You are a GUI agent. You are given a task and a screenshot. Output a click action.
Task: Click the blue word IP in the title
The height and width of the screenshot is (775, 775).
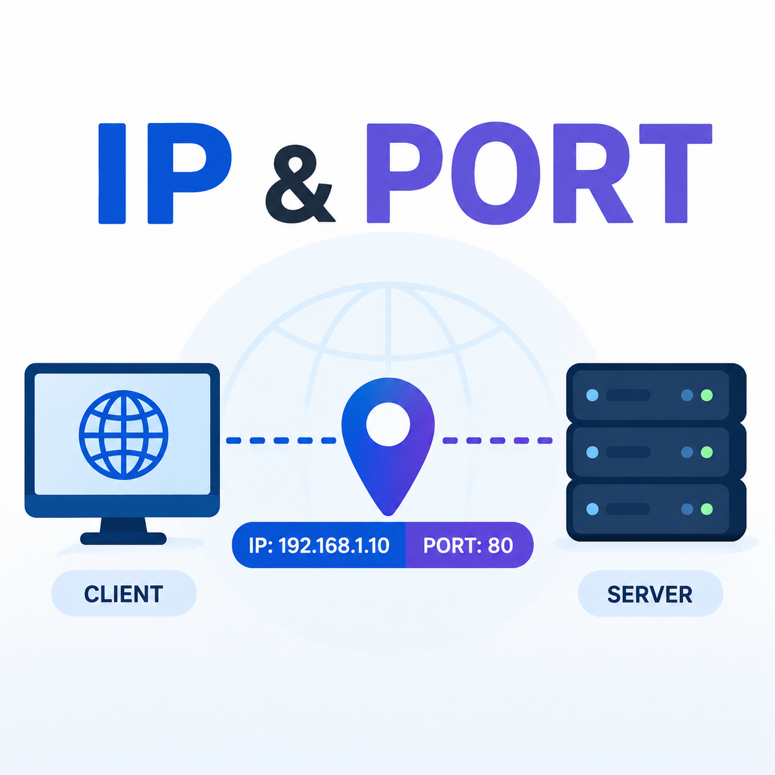[x=165, y=173]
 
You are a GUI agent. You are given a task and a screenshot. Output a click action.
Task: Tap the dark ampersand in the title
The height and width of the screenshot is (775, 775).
[x=300, y=184]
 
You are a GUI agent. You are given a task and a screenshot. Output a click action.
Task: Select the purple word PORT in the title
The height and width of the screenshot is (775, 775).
[x=540, y=172]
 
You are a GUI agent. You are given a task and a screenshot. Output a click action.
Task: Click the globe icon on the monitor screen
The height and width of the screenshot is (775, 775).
[x=124, y=434]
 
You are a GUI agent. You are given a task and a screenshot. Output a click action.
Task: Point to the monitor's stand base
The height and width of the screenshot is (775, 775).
[x=124, y=538]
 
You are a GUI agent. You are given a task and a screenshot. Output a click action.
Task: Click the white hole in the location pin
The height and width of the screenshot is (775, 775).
[x=388, y=424]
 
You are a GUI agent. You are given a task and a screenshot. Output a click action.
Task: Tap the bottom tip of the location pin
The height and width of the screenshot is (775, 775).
[x=388, y=515]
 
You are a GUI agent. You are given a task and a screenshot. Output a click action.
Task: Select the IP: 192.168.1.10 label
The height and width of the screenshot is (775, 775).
[x=319, y=546]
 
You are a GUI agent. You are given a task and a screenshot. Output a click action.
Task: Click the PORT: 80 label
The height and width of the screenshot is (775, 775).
[x=468, y=546]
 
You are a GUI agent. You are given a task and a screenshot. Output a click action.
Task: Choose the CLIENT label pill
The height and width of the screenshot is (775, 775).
[x=124, y=594]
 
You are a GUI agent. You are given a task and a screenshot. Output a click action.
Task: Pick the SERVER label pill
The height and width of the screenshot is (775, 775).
[x=650, y=594]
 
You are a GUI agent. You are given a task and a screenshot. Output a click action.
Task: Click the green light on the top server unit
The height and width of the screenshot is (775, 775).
[x=706, y=396]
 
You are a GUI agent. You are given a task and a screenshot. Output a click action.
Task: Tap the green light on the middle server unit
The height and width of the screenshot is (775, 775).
[x=706, y=452]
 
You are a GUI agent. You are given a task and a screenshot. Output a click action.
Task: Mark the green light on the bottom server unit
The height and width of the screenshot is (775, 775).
[x=706, y=509]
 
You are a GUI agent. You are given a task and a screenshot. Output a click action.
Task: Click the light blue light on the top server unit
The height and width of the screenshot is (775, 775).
[x=593, y=396]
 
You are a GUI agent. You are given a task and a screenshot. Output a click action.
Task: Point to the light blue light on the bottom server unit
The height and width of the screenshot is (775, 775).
[x=593, y=509]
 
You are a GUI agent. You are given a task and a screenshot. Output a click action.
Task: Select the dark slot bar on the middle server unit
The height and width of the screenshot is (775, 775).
[x=628, y=452]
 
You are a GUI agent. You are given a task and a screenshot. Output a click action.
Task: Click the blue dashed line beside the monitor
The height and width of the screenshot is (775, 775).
[x=281, y=441]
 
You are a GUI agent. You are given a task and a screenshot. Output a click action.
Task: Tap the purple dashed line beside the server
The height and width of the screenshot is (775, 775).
[x=498, y=441]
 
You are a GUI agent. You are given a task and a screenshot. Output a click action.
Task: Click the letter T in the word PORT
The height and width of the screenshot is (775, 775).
[x=675, y=173]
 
